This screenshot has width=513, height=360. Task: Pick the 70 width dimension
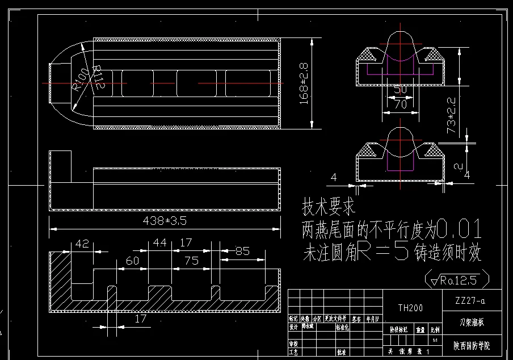(400, 104)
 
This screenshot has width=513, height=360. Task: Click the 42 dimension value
(82, 244)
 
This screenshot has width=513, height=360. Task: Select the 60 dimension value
(132, 261)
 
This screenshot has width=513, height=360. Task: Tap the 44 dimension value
(161, 244)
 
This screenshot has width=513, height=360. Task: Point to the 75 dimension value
(192, 261)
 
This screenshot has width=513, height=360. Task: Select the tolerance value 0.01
(460, 230)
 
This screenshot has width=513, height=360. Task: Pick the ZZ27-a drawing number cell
(470, 300)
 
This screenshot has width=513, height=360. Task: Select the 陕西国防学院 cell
(470, 345)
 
